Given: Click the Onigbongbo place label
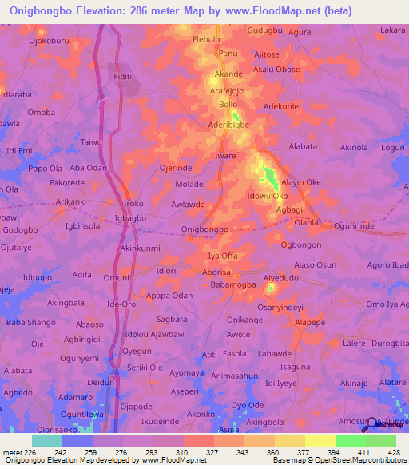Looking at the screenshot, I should pos(205,229).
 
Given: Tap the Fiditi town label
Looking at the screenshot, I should pos(123,76).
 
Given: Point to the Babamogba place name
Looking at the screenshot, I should pos(234,284).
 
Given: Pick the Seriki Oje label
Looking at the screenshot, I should pos(146,367).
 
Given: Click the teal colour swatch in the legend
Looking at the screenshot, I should pos(46,440).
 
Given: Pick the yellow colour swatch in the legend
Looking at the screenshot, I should pos(320,440).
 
